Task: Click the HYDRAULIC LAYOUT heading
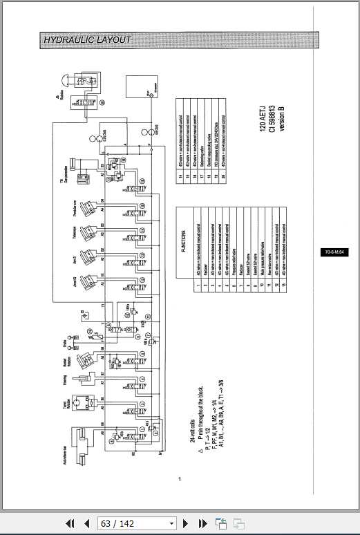(87, 40)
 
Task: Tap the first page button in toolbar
(70, 523)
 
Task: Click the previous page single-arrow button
(87, 523)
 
